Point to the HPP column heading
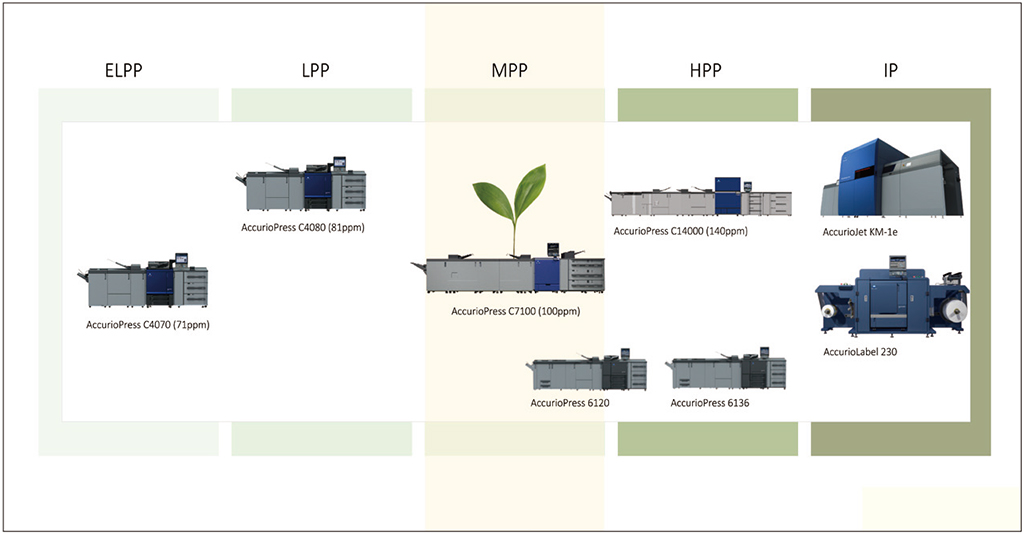(705, 71)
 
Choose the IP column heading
(897, 71)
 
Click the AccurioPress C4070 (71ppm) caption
(148, 325)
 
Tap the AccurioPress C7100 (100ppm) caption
(515, 312)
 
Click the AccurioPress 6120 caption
(570, 403)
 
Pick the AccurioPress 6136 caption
(710, 403)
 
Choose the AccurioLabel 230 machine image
(892, 301)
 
